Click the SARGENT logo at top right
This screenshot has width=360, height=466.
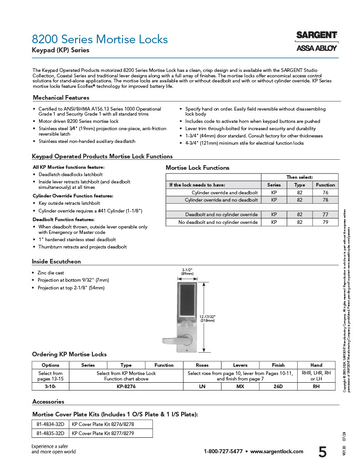click(x=316, y=35)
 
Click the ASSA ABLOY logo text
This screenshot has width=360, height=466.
click(x=316, y=48)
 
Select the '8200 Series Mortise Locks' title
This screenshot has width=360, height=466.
click(x=100, y=39)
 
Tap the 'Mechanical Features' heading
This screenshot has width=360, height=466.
click(x=61, y=97)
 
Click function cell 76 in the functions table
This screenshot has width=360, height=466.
click(x=325, y=192)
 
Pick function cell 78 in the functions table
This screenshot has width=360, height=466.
click(x=325, y=200)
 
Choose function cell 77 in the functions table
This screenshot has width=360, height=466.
click(x=325, y=214)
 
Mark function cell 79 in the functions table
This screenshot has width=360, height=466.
click(x=325, y=222)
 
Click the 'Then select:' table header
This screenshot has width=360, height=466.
click(x=299, y=177)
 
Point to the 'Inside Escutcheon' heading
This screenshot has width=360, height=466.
click(x=56, y=262)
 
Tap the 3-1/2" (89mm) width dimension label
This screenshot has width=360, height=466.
click(x=187, y=272)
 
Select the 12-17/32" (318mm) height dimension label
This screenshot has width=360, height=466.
click(x=208, y=319)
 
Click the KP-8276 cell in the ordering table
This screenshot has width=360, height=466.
click(x=126, y=386)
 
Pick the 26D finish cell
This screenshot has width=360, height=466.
click(x=278, y=386)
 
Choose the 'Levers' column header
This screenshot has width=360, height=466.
click(x=240, y=365)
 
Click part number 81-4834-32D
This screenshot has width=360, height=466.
click(x=51, y=424)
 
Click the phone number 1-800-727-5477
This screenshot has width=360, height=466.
click(x=223, y=451)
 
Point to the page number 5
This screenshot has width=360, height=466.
click(x=322, y=452)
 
